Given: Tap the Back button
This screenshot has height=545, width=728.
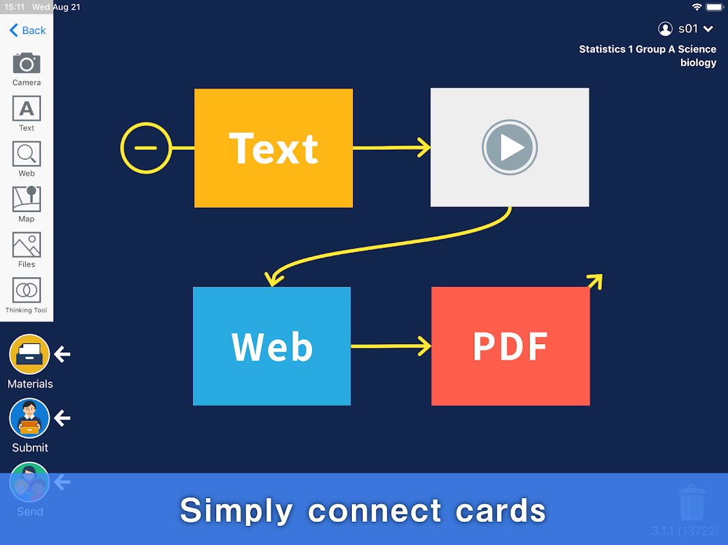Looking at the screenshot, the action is pyautogui.click(x=28, y=30).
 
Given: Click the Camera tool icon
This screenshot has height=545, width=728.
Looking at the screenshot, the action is pyautogui.click(x=27, y=63).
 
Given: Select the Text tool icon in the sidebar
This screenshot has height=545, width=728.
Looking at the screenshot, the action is pyautogui.click(x=27, y=108).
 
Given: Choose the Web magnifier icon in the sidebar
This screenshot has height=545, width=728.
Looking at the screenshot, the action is pyautogui.click(x=27, y=153).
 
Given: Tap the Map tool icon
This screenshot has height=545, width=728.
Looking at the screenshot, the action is pyautogui.click(x=27, y=199).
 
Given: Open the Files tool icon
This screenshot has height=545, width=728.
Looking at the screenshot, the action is pyautogui.click(x=27, y=245).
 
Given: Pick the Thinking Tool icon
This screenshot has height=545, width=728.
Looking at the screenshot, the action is pyautogui.click(x=27, y=290).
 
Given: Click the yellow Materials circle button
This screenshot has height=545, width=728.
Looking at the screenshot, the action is pyautogui.click(x=29, y=354).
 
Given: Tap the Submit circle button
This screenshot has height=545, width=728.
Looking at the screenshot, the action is pyautogui.click(x=29, y=418).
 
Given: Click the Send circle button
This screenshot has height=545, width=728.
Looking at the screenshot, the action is pyautogui.click(x=29, y=482).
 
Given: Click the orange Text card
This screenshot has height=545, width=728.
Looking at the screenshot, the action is pyautogui.click(x=273, y=148).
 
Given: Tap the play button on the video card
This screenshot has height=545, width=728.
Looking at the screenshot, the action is pyautogui.click(x=510, y=148).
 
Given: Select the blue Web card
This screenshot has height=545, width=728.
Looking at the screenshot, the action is pyautogui.click(x=271, y=346).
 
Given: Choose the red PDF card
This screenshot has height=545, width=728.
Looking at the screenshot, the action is pyautogui.click(x=511, y=346).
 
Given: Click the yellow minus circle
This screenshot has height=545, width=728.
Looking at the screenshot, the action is pyautogui.click(x=146, y=148).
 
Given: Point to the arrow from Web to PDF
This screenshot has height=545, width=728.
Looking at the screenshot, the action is pyautogui.click(x=391, y=346).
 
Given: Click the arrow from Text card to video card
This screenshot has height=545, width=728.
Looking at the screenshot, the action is pyautogui.click(x=391, y=148).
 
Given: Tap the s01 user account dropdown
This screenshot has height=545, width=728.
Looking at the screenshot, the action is pyautogui.click(x=685, y=29).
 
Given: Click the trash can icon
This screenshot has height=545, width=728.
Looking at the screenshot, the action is pyautogui.click(x=692, y=503).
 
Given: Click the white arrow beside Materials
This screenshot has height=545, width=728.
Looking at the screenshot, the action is pyautogui.click(x=62, y=354).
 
